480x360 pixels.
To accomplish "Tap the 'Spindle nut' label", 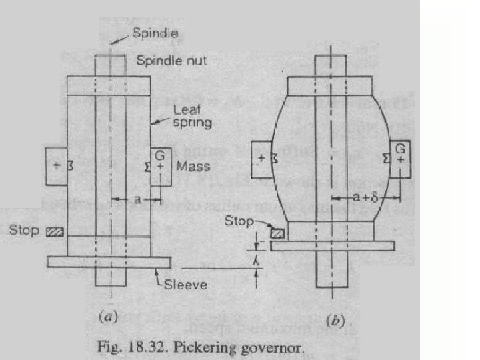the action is coord(171,61).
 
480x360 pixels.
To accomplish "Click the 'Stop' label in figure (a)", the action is coord(24,231).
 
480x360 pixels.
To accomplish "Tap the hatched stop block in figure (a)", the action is coord(53,231).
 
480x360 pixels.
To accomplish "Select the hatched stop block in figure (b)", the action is coord(276,232).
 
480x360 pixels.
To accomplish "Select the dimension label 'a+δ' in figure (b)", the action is coord(367,197).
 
